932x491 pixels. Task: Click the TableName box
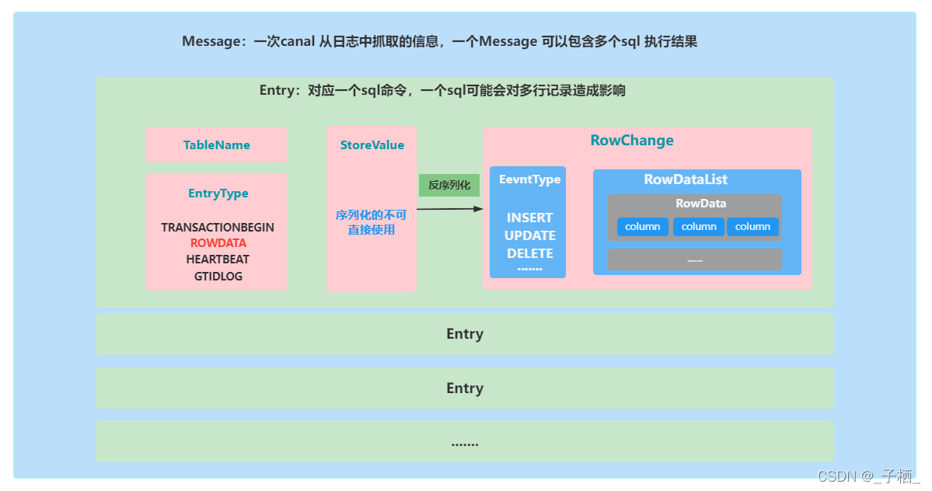click(x=216, y=145)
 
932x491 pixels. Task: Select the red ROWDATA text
click(x=218, y=243)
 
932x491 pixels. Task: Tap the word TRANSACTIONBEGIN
click(x=218, y=228)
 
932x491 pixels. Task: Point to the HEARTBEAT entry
click(x=218, y=259)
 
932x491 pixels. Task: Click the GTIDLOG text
click(x=218, y=276)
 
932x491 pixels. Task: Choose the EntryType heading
click(x=218, y=193)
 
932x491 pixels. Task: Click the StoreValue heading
click(x=372, y=145)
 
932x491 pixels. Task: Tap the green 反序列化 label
click(x=449, y=186)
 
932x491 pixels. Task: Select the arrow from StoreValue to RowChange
click(x=449, y=208)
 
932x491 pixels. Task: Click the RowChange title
click(x=632, y=141)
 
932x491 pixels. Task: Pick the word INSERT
click(x=529, y=218)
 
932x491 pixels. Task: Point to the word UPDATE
click(x=529, y=235)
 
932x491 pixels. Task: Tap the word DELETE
click(x=529, y=253)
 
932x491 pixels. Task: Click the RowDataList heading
click(x=686, y=179)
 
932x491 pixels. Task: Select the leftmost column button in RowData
click(x=643, y=227)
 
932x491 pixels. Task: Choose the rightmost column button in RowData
click(x=752, y=227)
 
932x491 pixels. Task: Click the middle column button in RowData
click(x=698, y=227)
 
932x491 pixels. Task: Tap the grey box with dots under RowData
click(x=694, y=259)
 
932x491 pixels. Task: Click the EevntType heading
click(x=529, y=179)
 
